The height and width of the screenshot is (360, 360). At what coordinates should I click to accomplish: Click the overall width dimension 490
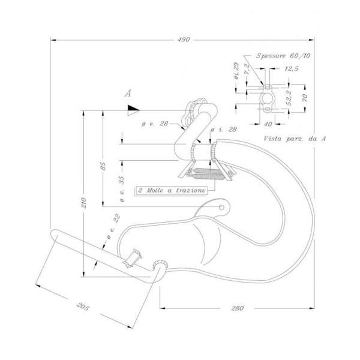tap(184, 40)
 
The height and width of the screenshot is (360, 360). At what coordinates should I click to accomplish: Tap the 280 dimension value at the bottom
tap(237, 308)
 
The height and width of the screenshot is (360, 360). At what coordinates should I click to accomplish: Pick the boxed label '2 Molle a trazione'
tap(172, 190)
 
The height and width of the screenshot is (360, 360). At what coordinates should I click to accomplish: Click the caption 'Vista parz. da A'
tap(295, 138)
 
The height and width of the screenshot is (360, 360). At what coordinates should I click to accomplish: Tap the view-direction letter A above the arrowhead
tap(127, 94)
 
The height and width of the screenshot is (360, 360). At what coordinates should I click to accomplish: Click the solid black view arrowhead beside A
tap(133, 110)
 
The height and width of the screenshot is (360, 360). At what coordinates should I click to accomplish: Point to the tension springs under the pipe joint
tap(206, 175)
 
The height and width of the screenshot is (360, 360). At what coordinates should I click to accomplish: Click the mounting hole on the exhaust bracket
tap(223, 208)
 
